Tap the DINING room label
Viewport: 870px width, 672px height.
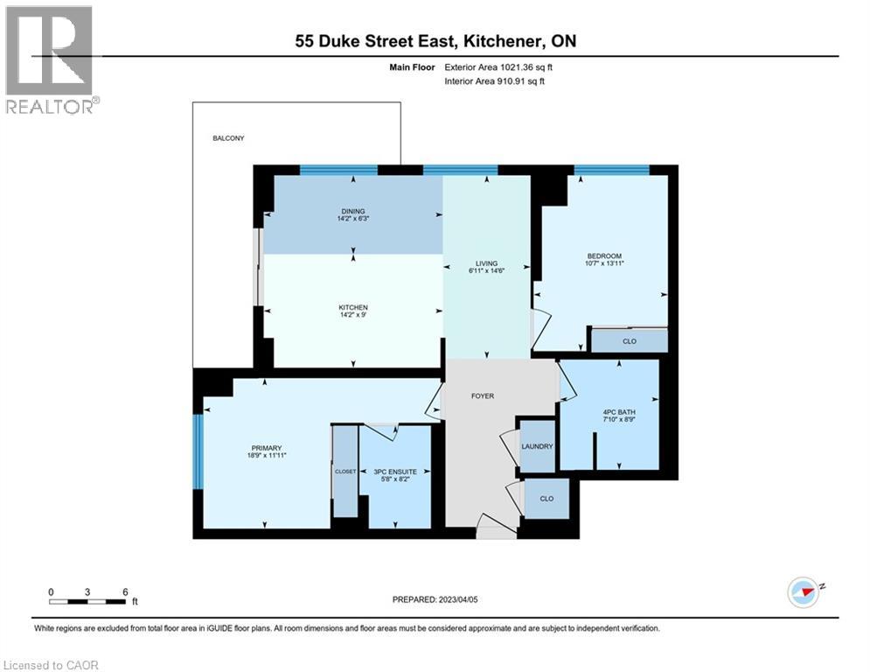tap(352, 210)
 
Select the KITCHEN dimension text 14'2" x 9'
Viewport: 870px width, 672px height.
tap(353, 316)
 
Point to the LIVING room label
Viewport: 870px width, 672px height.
tap(486, 263)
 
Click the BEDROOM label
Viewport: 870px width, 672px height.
tap(604, 255)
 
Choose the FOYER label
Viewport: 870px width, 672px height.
tap(483, 395)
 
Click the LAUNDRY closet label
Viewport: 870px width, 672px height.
tap(537, 446)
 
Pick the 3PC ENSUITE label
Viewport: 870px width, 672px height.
tap(394, 472)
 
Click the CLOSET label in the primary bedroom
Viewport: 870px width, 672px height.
tap(345, 472)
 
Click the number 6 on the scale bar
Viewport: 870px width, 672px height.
tap(126, 591)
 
